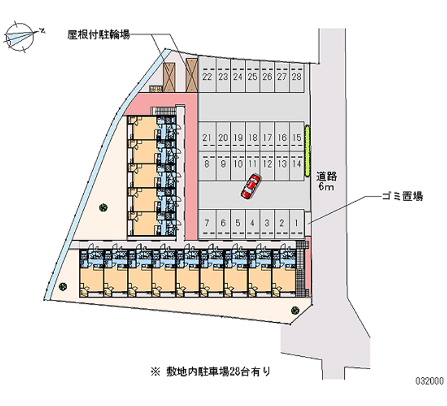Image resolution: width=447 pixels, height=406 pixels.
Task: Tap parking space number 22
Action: tap(207, 77)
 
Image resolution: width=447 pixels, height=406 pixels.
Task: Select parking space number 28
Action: tap(297, 77)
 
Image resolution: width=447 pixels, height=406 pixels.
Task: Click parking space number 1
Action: tap(297, 223)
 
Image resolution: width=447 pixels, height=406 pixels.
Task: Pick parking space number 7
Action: tap(207, 223)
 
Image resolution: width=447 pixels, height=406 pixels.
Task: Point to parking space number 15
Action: tap(297, 137)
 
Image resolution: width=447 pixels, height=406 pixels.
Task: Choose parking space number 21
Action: tap(207, 137)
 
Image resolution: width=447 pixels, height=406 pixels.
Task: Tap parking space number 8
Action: tap(207, 164)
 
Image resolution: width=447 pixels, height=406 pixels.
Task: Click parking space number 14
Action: tap(297, 164)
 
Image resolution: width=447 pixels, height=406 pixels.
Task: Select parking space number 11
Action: tap(252, 164)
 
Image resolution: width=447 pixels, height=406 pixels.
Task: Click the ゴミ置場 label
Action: tap(401, 196)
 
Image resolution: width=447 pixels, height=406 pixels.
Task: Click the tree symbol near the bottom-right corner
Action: tap(294, 311)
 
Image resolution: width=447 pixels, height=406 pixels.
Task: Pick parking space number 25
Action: tap(252, 77)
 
